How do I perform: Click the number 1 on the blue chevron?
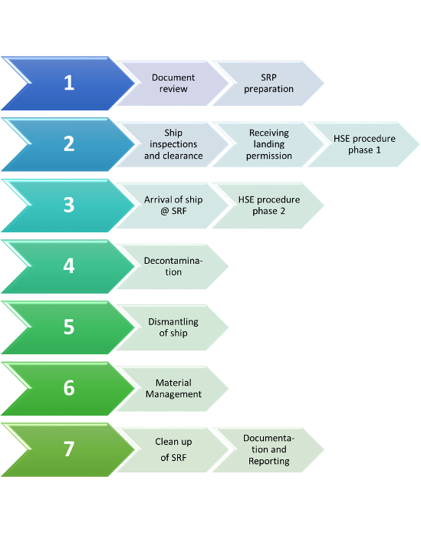[69, 83]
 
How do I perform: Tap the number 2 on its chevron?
[69, 143]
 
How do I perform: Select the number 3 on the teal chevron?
[69, 205]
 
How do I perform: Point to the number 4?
[69, 266]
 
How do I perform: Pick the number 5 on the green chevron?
[69, 327]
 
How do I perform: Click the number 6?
[69, 388]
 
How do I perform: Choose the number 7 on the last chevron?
[69, 449]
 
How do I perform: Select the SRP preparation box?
[268, 84]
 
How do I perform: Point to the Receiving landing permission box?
[268, 144]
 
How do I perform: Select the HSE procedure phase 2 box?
[268, 206]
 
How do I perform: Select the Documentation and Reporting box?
[268, 449]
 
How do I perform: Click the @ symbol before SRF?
[165, 212]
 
